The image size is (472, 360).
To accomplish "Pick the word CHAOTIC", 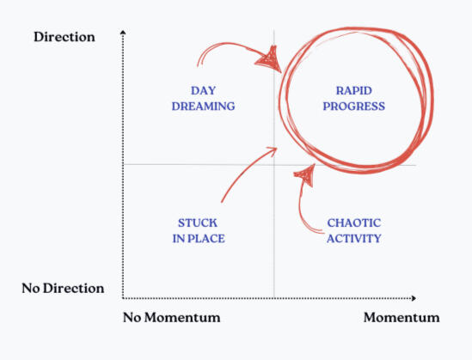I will pos(353,223).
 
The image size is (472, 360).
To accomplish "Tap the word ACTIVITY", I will pos(353,238).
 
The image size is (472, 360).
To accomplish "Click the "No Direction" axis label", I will pos(63,288).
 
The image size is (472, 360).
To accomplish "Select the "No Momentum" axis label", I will pos(172,318).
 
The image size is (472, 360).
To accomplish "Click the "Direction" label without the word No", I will pos(64,37).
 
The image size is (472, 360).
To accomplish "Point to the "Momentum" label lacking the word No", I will pos(401,318).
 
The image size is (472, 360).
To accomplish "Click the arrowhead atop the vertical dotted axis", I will pos(124,32).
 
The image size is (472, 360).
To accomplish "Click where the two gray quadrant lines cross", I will pos(274,164).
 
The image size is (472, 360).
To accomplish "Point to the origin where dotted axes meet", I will pos(124,298).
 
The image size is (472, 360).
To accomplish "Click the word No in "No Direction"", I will pos(32,288).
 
